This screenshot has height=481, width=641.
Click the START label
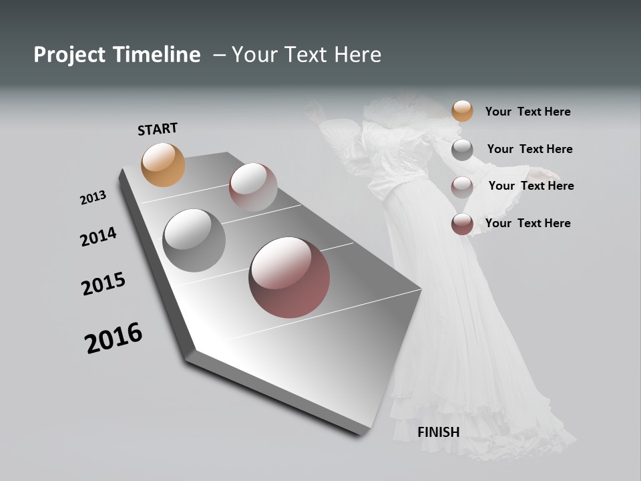point(158,129)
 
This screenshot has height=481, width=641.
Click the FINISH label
point(438,432)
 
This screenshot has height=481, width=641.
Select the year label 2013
point(93,198)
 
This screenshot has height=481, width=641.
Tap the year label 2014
point(98,236)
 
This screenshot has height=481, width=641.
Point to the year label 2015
point(103,285)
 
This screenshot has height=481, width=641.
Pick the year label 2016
point(114,338)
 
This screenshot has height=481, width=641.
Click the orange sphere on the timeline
point(163,164)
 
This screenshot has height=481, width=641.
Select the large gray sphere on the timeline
point(194,240)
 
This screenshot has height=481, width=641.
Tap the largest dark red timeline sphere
point(289,277)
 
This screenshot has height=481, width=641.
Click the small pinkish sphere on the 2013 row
point(253,187)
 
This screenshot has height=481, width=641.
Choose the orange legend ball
point(462,111)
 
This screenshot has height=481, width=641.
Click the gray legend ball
point(462,150)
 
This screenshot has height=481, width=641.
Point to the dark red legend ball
point(462,224)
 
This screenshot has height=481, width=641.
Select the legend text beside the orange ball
point(527,112)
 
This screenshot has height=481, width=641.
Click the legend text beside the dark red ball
point(527,223)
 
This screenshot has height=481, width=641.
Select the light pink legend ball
point(462,187)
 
